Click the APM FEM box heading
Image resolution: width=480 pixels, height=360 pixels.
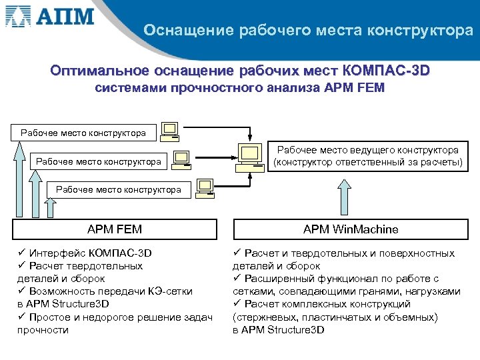tap(115, 229)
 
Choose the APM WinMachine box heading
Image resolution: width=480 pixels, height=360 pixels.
tap(351, 229)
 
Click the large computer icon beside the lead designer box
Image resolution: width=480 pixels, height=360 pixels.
tap(249, 157)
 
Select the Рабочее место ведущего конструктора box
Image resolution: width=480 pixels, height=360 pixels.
tap(367, 156)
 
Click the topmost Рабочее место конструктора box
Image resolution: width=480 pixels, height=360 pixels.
tap(83, 133)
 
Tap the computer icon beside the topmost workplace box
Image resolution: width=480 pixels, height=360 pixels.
tap(170, 131)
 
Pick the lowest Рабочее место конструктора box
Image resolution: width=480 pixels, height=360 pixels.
tap(119, 189)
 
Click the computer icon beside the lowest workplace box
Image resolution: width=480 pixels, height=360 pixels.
tap(205, 187)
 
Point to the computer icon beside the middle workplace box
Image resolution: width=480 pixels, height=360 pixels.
tap(181, 159)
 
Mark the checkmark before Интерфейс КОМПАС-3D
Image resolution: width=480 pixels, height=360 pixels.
tap(22, 253)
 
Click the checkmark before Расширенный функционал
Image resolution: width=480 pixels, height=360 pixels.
tap(237, 279)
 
